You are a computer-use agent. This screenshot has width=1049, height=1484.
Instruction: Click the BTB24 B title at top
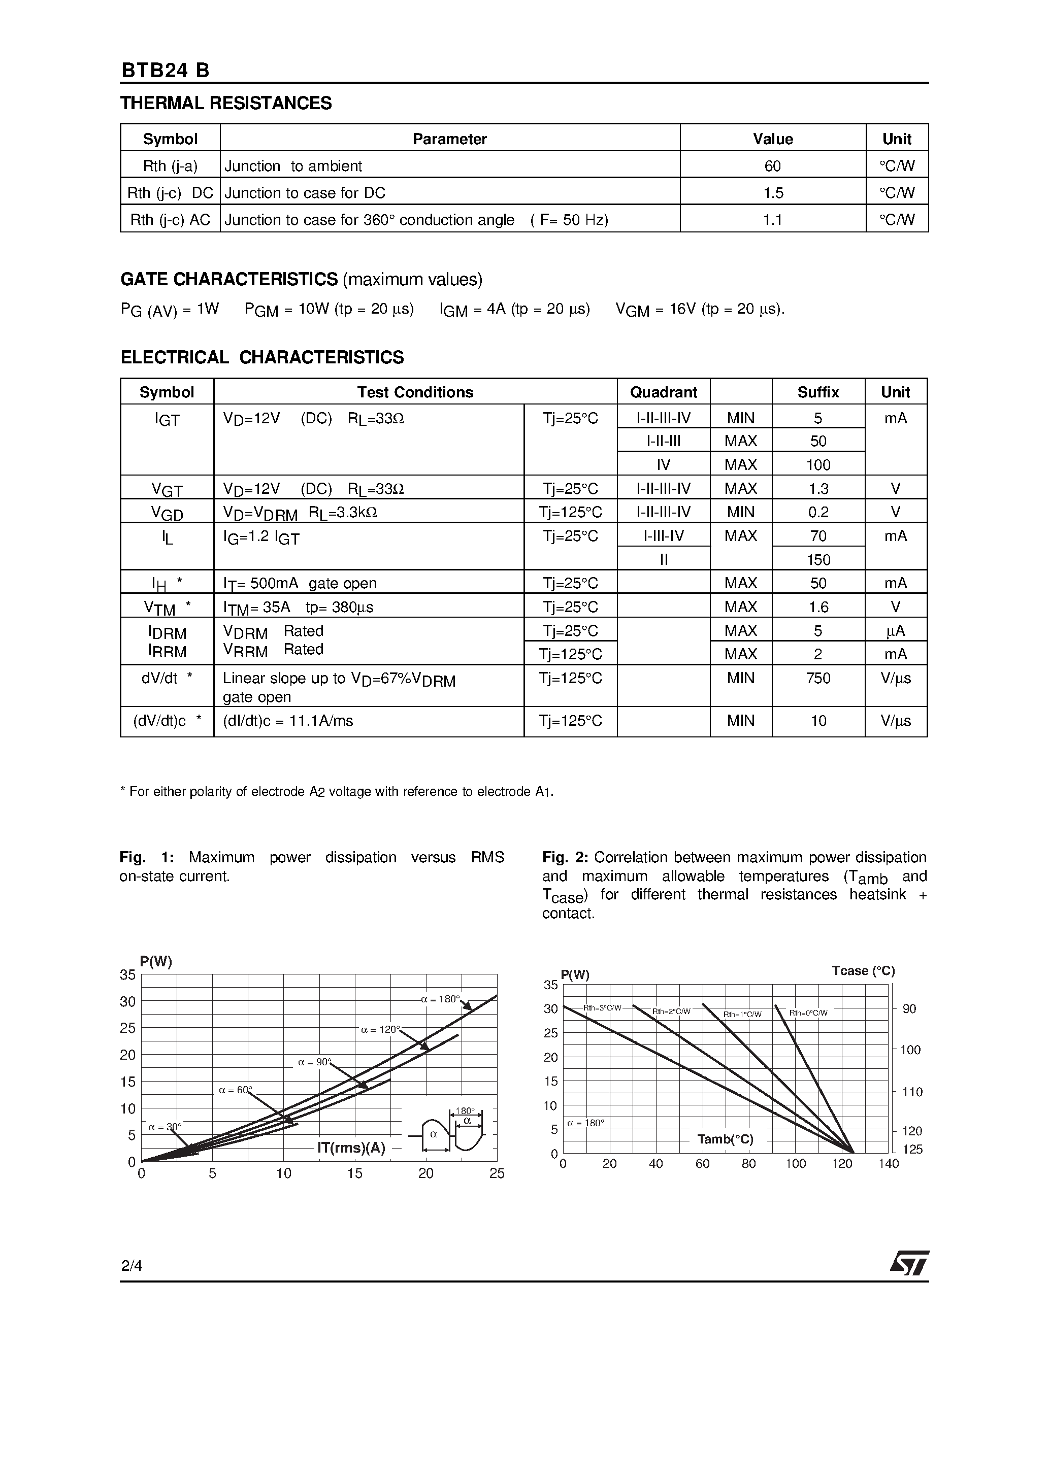pyautogui.click(x=166, y=71)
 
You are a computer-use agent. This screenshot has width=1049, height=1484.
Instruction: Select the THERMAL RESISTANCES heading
pyautogui.click(x=226, y=104)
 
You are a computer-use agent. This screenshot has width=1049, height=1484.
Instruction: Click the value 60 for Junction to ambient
pyautogui.click(x=772, y=166)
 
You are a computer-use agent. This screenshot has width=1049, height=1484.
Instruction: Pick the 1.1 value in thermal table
pyautogui.click(x=772, y=220)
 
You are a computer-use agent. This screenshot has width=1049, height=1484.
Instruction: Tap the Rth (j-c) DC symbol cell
pyautogui.click(x=170, y=193)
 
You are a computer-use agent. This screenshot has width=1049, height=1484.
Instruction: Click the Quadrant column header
pyautogui.click(x=663, y=392)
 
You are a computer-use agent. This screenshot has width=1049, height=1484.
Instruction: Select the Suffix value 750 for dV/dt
pyautogui.click(x=818, y=678)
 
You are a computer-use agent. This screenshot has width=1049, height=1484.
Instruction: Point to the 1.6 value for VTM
pyautogui.click(x=818, y=607)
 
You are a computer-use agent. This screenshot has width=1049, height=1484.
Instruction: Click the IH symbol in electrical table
pyautogui.click(x=160, y=584)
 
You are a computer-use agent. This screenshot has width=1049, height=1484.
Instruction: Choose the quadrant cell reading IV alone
pyautogui.click(x=663, y=465)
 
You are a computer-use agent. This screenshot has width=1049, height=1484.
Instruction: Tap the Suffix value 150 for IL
pyautogui.click(x=818, y=560)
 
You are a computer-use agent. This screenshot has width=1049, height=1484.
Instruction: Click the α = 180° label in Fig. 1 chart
pyautogui.click(x=440, y=999)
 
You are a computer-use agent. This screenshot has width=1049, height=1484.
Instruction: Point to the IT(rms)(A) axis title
pyautogui.click(x=351, y=1148)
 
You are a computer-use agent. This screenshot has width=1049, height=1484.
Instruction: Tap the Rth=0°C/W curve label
pyautogui.click(x=808, y=1013)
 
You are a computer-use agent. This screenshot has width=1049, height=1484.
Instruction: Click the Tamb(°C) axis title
pyautogui.click(x=725, y=1139)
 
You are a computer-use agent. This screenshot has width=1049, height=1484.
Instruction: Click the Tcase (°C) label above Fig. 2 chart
pyautogui.click(x=863, y=971)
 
